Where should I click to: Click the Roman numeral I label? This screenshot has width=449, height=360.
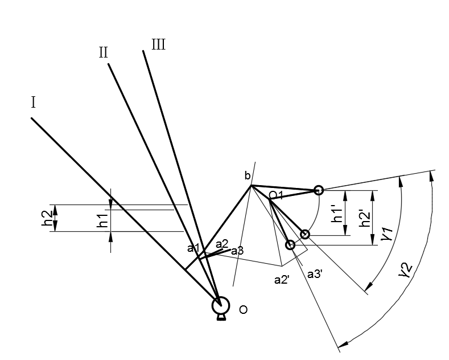pyautogui.click(x=33, y=103)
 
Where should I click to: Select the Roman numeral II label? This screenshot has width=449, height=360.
pyautogui.click(x=104, y=52)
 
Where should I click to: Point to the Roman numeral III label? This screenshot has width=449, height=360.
pyautogui.click(x=158, y=44)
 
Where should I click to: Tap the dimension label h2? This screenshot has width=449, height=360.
pyautogui.click(x=47, y=218)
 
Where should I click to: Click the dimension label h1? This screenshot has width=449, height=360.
pyautogui.click(x=102, y=220)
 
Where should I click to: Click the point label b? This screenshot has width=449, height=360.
pyautogui.click(x=248, y=175)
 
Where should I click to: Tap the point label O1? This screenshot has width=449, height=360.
pyautogui.click(x=276, y=195)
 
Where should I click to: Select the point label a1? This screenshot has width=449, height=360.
pyautogui.click(x=193, y=248)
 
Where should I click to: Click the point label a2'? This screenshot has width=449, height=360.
pyautogui.click(x=282, y=280)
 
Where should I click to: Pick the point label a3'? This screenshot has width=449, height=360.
pyautogui.click(x=315, y=275)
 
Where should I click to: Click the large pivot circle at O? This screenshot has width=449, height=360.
pyautogui.click(x=221, y=305)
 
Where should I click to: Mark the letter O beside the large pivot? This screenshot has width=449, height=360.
pyautogui.click(x=243, y=310)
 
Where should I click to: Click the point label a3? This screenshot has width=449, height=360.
pyautogui.click(x=237, y=251)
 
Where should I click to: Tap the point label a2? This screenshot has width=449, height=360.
pyautogui.click(x=222, y=244)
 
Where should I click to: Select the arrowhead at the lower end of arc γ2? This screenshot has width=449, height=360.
pyautogui.click(x=343, y=343)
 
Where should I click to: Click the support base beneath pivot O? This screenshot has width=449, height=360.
pyautogui.click(x=221, y=318)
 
